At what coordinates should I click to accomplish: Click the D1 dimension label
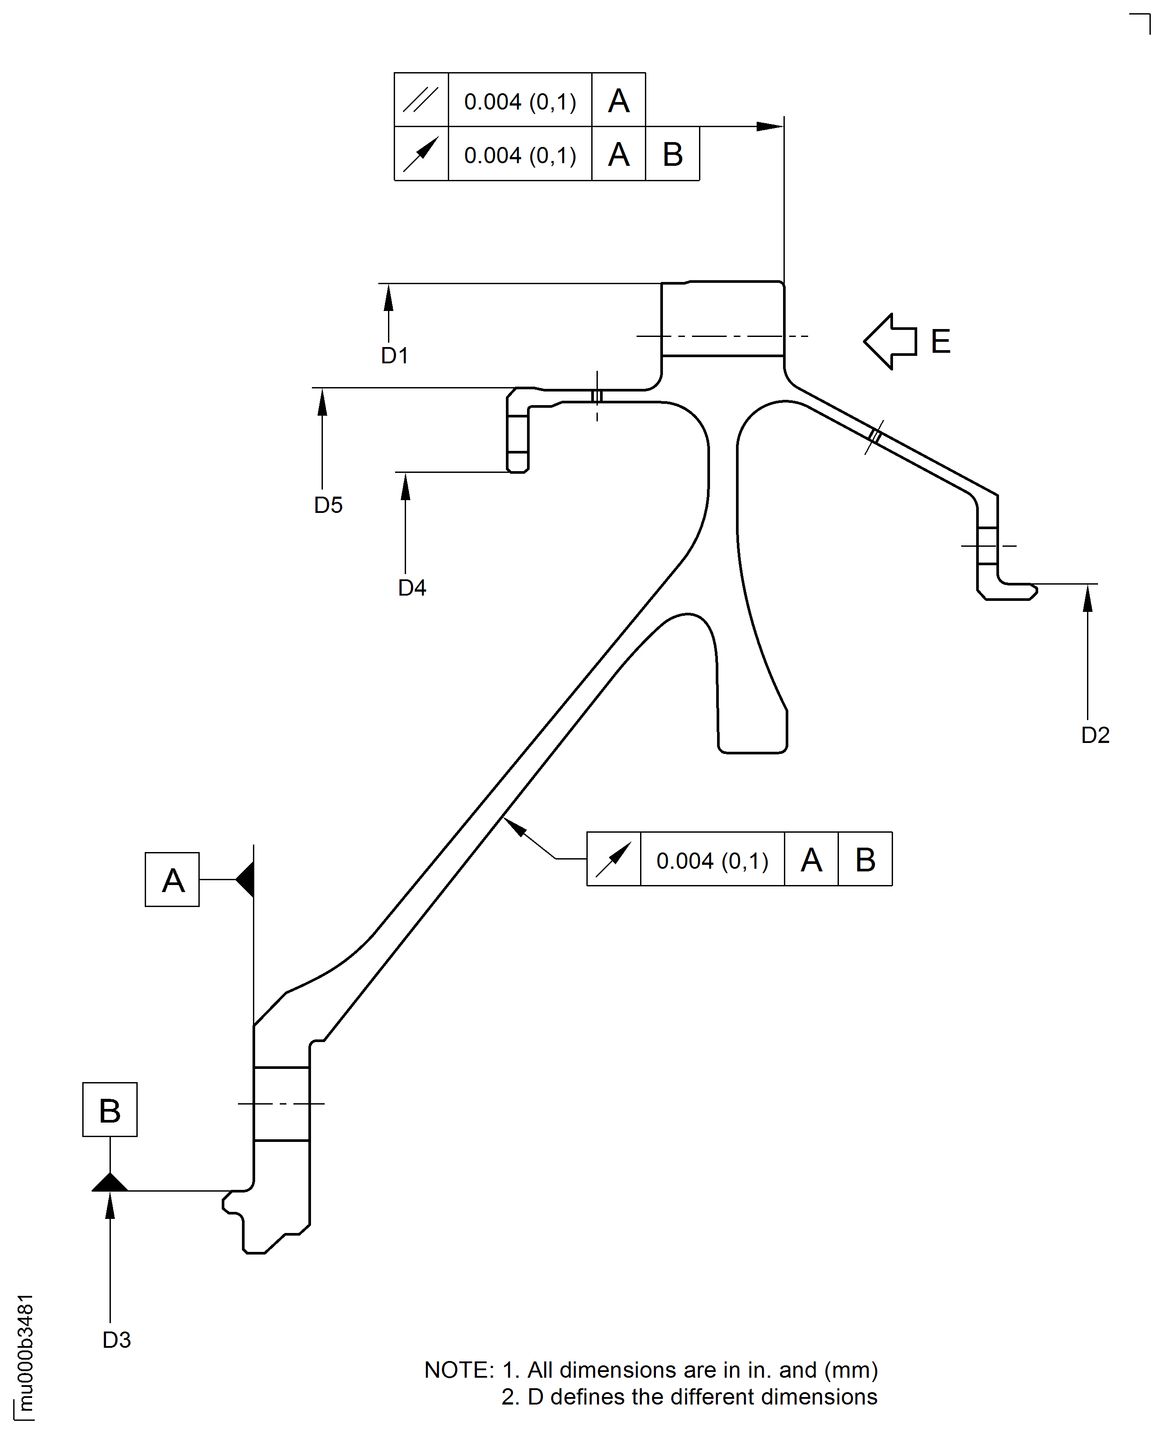point(394,355)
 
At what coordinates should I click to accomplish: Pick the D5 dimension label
point(328,505)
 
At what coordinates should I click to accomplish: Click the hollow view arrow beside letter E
point(890,341)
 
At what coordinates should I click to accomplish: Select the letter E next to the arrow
point(941,342)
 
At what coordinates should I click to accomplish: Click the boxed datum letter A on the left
point(172,880)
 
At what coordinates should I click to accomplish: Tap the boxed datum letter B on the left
point(110,1111)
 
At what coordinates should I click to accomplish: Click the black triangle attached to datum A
point(246,879)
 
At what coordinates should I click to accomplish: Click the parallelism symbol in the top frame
point(421,100)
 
